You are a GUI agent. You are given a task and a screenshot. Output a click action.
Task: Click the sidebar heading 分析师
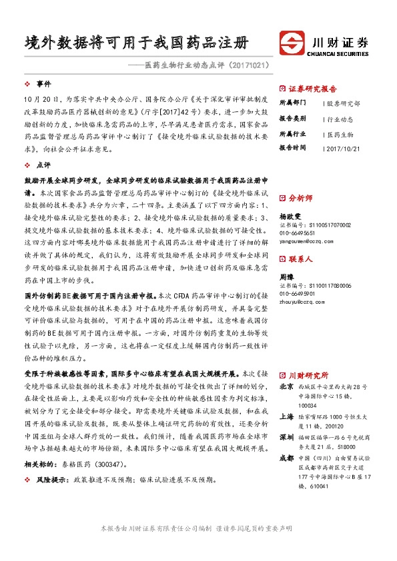[x=300, y=198]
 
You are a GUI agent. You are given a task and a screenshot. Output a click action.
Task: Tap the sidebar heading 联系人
[x=300, y=259]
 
